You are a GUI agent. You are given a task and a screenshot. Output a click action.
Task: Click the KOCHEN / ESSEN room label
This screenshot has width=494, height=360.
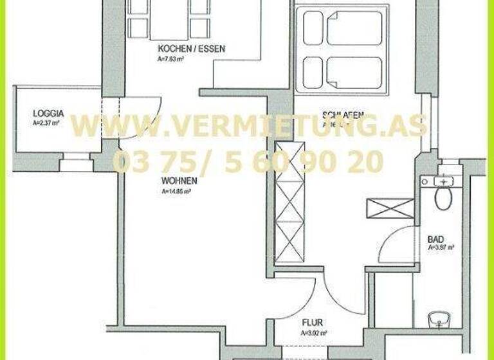pos(192,49)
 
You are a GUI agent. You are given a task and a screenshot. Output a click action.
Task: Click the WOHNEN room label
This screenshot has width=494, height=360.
pos(179,181)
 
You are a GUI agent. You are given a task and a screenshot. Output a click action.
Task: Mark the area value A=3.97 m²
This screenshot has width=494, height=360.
pos(441,248)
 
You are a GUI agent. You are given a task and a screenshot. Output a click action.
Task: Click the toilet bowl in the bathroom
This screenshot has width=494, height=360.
pos(443,196)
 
